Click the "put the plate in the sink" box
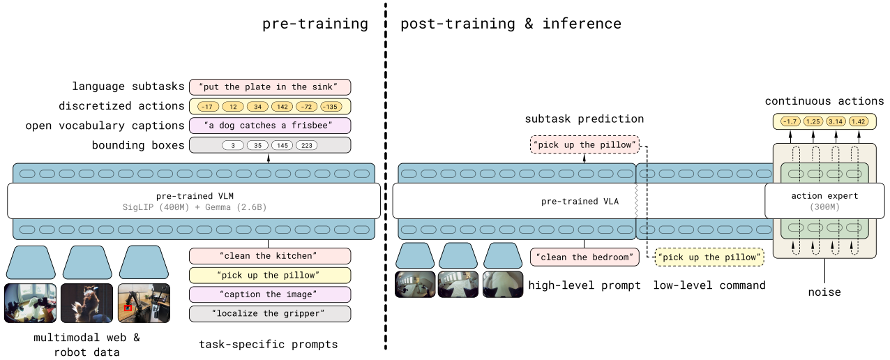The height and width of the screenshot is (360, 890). (x=269, y=87)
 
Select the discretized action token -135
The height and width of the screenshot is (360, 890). (x=331, y=107)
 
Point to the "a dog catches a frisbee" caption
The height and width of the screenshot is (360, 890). (x=269, y=126)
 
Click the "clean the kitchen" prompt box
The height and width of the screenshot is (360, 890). (x=269, y=256)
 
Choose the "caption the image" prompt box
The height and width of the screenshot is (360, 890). (x=269, y=294)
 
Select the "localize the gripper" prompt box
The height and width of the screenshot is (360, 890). (x=269, y=313)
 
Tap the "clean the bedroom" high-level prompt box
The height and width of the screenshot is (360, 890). (x=584, y=257)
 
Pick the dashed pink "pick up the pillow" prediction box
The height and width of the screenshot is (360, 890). (x=584, y=146)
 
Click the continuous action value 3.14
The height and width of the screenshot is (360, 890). (x=836, y=121)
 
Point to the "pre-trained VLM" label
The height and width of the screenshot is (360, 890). (x=194, y=196)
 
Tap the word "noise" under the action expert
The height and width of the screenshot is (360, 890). (x=824, y=292)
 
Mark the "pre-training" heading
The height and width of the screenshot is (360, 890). (x=315, y=24)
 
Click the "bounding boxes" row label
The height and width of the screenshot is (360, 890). (x=138, y=146)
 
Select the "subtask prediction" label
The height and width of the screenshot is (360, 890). (x=584, y=119)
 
